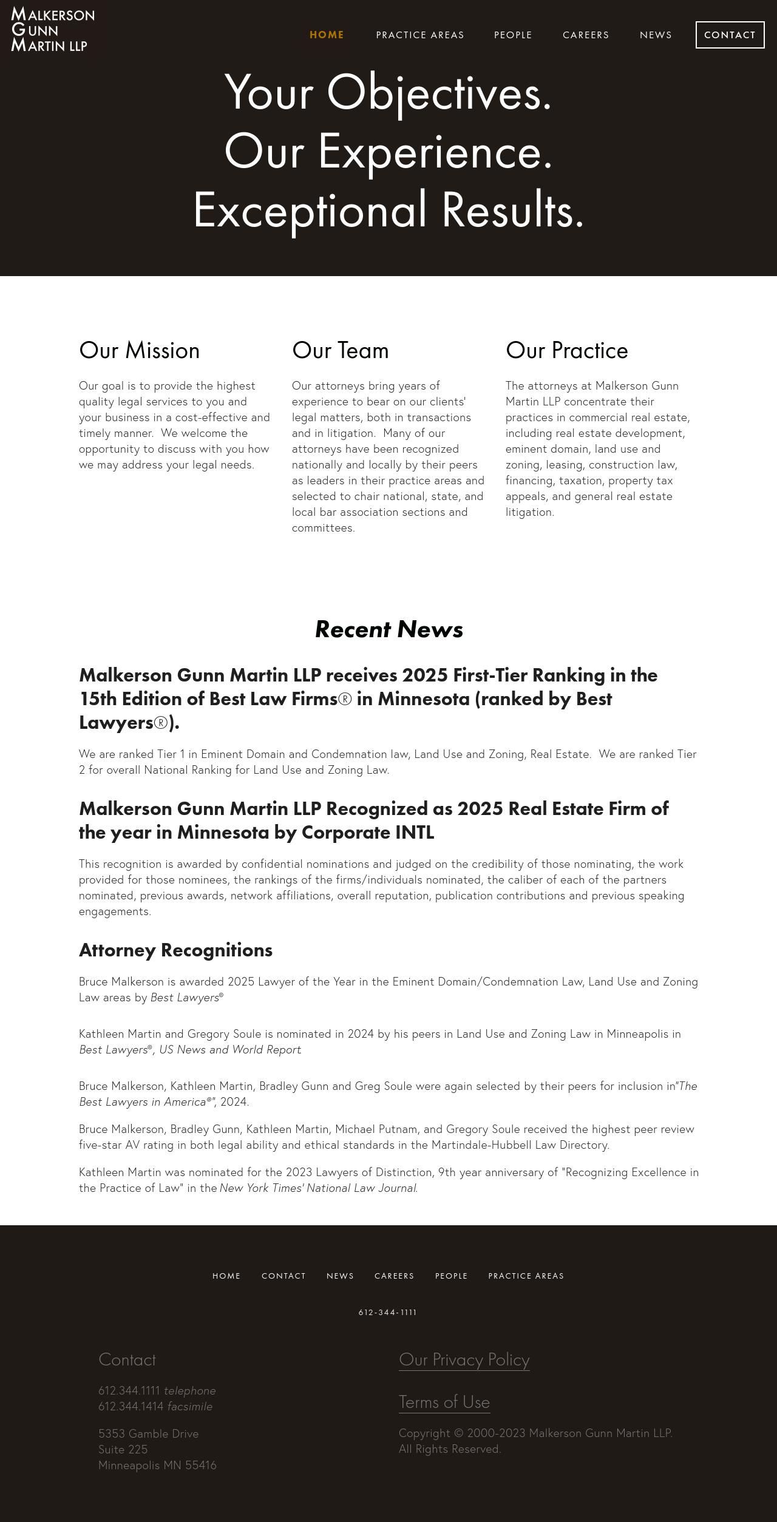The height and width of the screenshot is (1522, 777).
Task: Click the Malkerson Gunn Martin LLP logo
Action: click(x=53, y=29)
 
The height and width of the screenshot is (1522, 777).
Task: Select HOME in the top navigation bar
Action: click(x=327, y=35)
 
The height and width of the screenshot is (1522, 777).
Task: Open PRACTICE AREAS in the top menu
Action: click(x=420, y=35)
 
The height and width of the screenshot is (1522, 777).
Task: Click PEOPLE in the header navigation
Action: click(x=513, y=35)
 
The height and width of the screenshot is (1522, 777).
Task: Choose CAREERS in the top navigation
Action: click(x=586, y=35)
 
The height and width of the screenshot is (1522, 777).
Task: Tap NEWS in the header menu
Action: click(x=656, y=35)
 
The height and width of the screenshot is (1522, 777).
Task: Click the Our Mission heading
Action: click(x=139, y=351)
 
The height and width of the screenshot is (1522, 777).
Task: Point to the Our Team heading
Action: click(x=340, y=351)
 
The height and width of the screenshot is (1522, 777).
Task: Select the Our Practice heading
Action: click(x=566, y=351)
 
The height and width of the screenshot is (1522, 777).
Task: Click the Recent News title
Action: click(x=388, y=629)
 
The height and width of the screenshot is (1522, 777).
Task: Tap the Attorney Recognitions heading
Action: click(x=175, y=950)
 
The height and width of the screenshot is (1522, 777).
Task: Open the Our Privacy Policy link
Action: click(x=464, y=1360)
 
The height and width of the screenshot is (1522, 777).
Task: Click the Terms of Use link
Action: click(x=444, y=1402)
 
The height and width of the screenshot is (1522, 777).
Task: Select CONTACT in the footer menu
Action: click(x=283, y=1276)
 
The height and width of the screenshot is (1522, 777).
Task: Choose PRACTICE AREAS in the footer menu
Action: click(x=526, y=1276)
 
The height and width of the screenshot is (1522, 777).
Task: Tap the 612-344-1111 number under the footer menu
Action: click(x=388, y=1313)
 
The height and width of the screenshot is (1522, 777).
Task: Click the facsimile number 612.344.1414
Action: click(x=131, y=1407)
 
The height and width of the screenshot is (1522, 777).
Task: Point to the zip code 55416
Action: click(x=200, y=1466)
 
